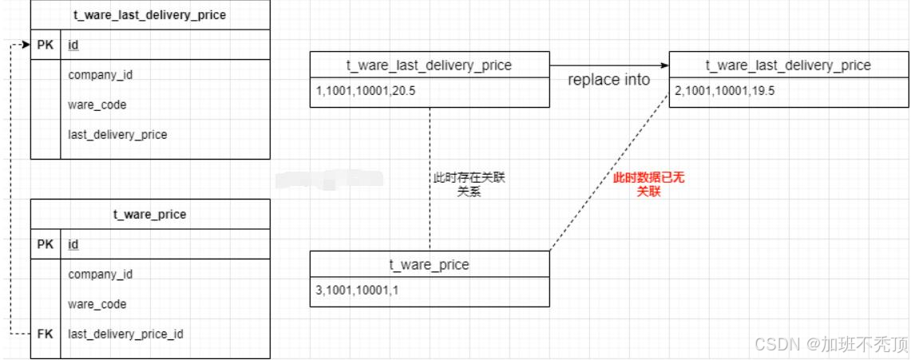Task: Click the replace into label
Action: tap(608, 80)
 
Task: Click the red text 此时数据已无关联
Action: tap(648, 184)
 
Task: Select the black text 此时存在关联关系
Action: tap(469, 184)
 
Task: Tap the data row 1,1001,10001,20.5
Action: tap(366, 93)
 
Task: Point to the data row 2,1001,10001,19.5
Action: tap(725, 92)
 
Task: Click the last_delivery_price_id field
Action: tap(125, 334)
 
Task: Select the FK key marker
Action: tap(46, 334)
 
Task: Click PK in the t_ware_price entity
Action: tap(46, 244)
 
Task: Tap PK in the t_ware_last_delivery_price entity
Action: tap(46, 45)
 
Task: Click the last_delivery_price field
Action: tap(117, 134)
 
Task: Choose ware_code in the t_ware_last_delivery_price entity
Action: tap(97, 105)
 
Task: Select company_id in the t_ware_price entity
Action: tap(101, 274)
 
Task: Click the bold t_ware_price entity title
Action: tap(150, 214)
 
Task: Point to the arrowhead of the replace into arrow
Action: tap(663, 65)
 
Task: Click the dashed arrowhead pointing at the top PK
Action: tap(26, 45)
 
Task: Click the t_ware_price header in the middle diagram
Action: tap(429, 264)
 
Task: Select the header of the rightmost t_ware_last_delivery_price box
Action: tap(788, 65)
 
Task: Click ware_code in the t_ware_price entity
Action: tap(97, 304)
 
